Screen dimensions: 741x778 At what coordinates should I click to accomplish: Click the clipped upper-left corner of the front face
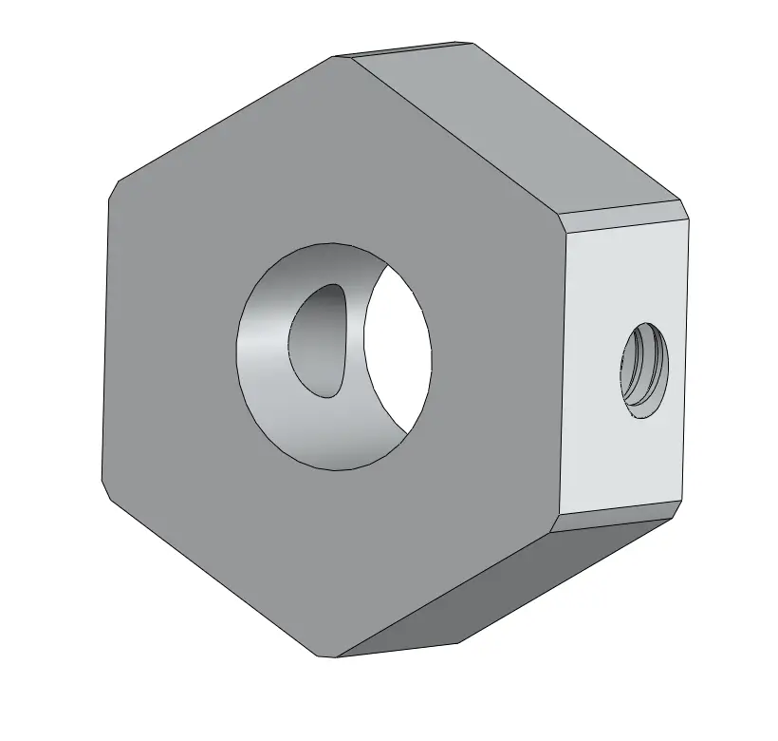[x=115, y=188]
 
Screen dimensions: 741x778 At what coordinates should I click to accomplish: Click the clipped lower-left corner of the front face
[x=106, y=488]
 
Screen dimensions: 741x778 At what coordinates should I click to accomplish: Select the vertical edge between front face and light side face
[x=560, y=370]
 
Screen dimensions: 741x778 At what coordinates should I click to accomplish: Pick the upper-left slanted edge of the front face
[x=228, y=118]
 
